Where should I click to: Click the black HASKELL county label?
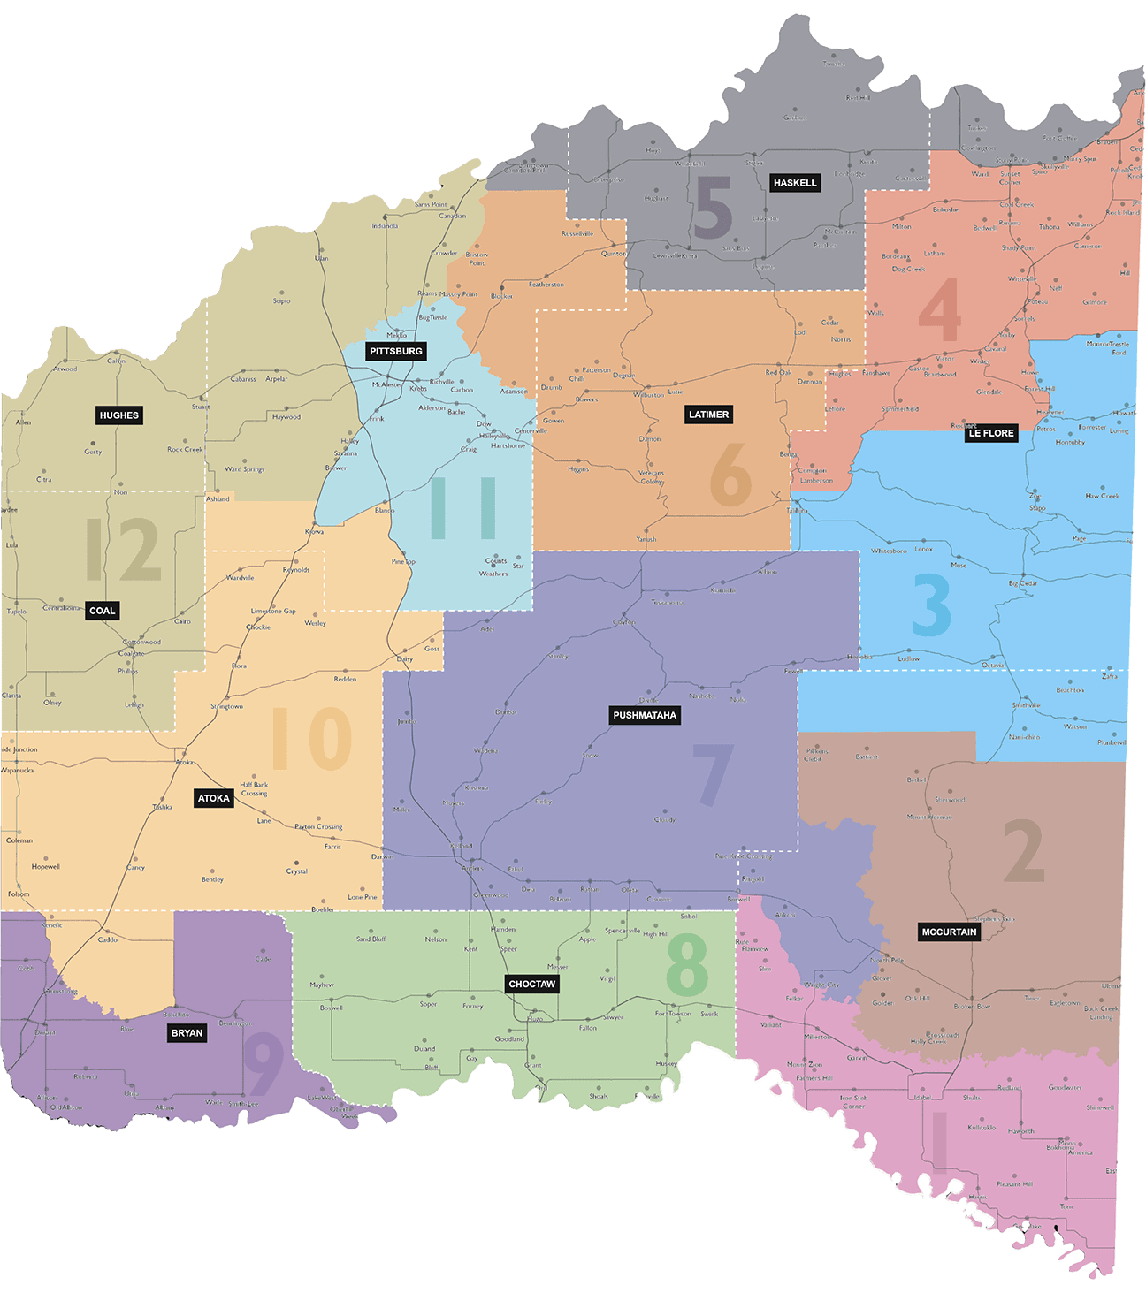[x=795, y=183]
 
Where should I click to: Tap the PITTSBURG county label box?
[x=396, y=351]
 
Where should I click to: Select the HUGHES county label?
[x=119, y=415]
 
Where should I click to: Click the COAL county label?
[x=103, y=611]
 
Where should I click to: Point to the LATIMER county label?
[x=709, y=415]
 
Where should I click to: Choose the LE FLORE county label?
[x=991, y=433]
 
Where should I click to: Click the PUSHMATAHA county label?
[x=645, y=715]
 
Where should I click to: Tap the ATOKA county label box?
[x=213, y=798]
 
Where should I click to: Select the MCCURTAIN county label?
[x=949, y=932]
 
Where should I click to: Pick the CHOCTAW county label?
[x=532, y=984]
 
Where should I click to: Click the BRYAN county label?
[x=187, y=1033]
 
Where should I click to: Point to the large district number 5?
[x=713, y=209]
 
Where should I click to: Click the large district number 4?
[x=940, y=310]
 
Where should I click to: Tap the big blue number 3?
[x=932, y=605]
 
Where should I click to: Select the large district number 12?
[x=123, y=550]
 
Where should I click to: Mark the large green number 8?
[x=687, y=964]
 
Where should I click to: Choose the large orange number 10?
[x=311, y=739]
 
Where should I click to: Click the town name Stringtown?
[x=227, y=706]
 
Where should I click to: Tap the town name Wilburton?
[x=649, y=395]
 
